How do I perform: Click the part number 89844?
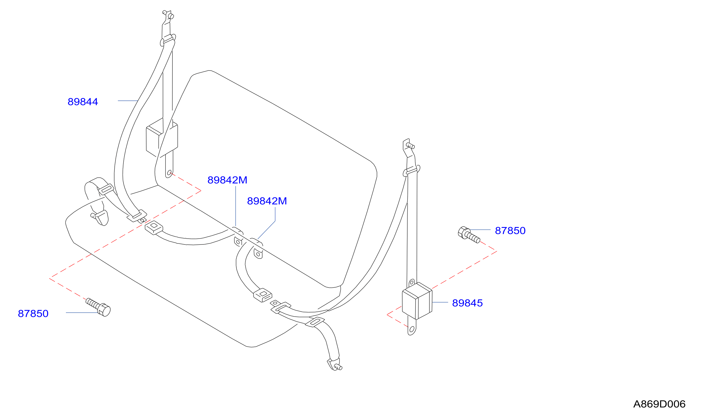point(83,102)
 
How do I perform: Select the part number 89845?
point(467,303)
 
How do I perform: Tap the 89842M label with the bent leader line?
point(267,201)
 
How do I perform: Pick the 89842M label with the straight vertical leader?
point(227,180)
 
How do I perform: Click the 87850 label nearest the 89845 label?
point(510,231)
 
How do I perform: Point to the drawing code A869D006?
point(659,404)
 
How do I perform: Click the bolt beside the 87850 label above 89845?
point(469,235)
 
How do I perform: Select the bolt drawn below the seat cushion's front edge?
point(98,307)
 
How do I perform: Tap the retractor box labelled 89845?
point(417,301)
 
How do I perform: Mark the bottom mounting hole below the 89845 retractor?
point(412,329)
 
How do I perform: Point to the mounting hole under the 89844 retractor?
point(169,173)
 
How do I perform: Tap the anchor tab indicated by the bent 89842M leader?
point(258,254)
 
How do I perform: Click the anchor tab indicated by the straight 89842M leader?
point(238,241)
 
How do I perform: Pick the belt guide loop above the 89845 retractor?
point(412,171)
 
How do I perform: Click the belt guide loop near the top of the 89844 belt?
point(168,40)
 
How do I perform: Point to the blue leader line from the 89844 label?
point(128,101)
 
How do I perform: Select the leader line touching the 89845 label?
point(440,302)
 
